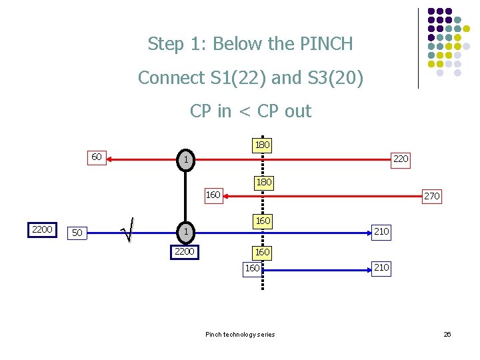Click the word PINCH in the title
[327, 44]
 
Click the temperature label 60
[97, 157]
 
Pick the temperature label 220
[401, 159]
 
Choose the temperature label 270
[431, 196]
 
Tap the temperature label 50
[78, 233]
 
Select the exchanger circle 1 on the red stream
[187, 160]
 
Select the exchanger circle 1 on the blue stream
[187, 231]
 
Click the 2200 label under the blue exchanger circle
[184, 252]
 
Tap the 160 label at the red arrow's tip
[213, 195]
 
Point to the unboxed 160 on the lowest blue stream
[252, 268]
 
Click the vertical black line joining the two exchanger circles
[187, 196]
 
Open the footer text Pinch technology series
[240, 334]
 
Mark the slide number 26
[447, 334]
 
